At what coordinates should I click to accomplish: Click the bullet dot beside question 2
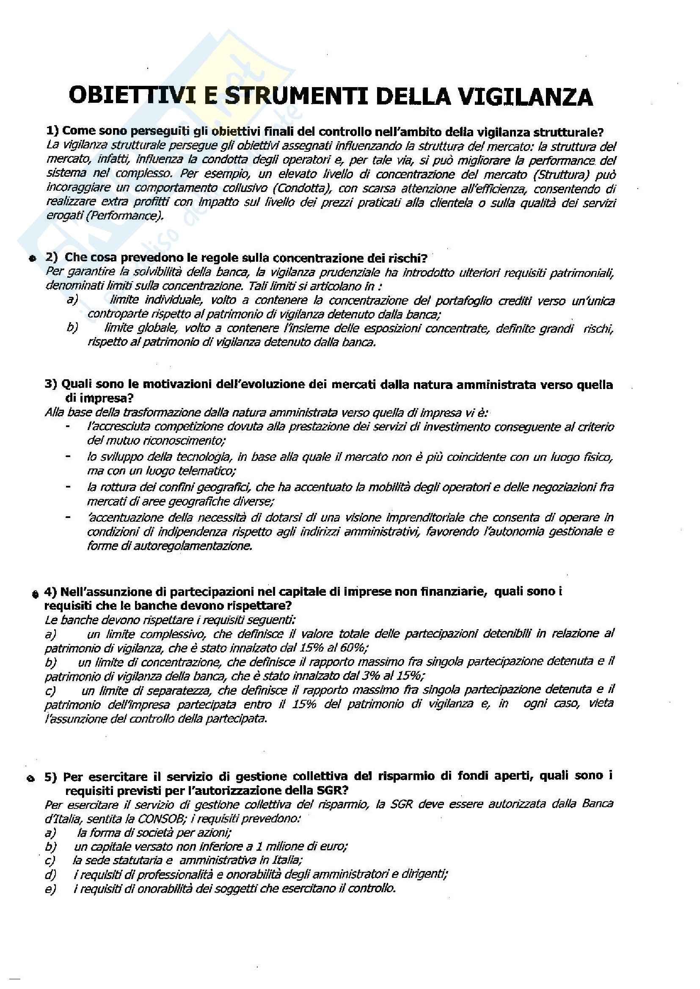[x=32, y=258]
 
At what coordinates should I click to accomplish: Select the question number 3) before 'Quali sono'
[x=51, y=384]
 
